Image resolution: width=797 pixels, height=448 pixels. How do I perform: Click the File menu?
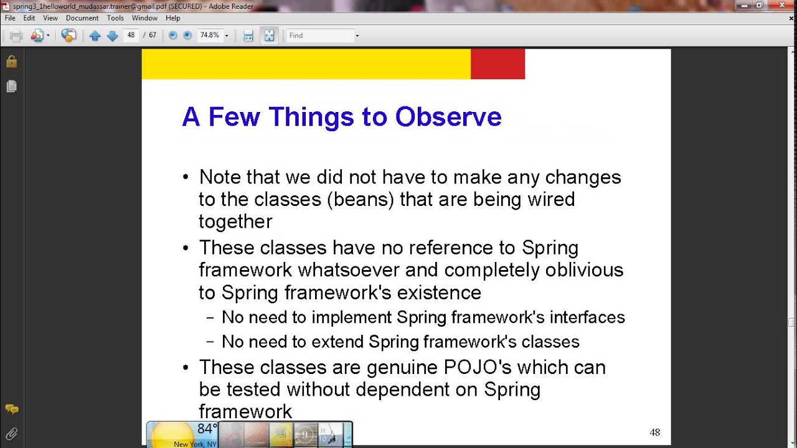point(10,18)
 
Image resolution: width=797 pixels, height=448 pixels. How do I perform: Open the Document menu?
point(82,18)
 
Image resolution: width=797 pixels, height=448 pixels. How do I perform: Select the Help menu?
point(172,18)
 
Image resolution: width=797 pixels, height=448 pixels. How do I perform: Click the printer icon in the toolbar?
point(16,35)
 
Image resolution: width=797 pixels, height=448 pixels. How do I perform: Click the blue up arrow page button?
point(95,35)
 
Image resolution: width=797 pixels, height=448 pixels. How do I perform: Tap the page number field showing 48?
point(131,35)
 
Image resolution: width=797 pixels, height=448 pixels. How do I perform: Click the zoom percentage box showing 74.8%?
point(209,35)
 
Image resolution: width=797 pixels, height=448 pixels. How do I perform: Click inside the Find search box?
point(319,35)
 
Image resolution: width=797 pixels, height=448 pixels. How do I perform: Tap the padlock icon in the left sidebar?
point(11,62)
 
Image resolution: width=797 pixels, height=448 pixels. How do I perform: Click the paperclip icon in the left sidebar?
point(11,433)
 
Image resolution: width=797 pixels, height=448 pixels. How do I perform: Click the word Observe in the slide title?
point(448,117)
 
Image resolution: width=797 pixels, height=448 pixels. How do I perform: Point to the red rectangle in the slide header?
point(498,64)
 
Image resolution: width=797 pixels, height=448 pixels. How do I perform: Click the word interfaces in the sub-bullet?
point(588,317)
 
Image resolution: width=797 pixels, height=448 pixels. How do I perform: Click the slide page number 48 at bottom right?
point(654,432)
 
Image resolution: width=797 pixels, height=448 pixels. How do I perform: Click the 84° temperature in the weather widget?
point(207,429)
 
